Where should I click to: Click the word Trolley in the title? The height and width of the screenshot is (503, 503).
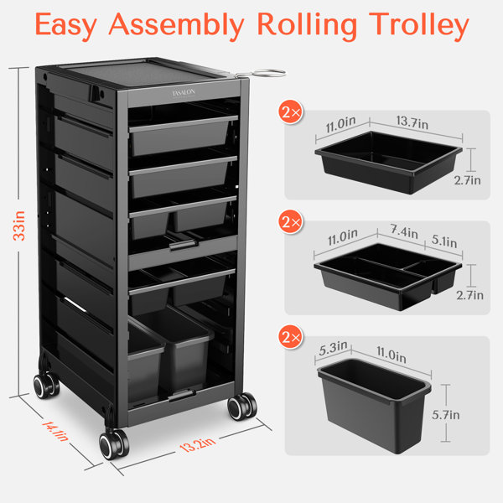click(418, 26)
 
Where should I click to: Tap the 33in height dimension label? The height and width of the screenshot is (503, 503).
click(19, 226)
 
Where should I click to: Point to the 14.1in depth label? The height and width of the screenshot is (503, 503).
click(55, 432)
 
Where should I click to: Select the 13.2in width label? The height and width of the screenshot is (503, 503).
click(198, 444)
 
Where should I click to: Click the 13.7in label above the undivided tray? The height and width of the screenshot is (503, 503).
click(412, 122)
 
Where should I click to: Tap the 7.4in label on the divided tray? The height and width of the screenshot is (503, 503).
click(404, 231)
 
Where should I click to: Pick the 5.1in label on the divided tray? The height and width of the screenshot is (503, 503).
click(444, 241)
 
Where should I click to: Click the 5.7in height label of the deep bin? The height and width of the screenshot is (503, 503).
click(446, 415)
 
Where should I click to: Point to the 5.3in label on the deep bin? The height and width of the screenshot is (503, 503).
click(334, 348)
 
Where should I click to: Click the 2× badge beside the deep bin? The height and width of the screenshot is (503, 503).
click(291, 337)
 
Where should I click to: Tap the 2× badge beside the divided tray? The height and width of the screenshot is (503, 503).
click(291, 221)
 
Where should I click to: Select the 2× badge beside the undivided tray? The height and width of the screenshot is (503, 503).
click(291, 112)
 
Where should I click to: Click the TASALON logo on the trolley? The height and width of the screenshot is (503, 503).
click(184, 93)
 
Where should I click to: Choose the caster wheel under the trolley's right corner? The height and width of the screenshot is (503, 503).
click(242, 406)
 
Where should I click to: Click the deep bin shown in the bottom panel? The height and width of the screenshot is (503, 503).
click(375, 405)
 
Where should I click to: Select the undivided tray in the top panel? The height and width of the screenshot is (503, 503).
click(388, 162)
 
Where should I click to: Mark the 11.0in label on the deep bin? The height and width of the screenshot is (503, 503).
click(392, 355)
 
